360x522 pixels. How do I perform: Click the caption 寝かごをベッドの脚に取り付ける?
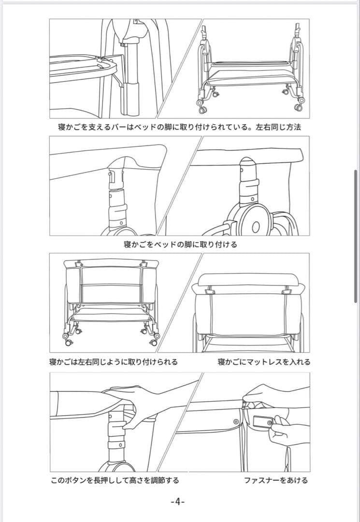click(180, 245)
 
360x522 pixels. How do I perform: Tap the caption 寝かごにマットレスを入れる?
click(264, 362)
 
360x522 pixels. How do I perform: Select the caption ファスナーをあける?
click(276, 480)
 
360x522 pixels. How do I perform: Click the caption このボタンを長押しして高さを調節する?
click(115, 480)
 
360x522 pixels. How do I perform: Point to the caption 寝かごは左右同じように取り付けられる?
click(114, 362)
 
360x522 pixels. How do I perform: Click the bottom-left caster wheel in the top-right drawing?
click(202, 110)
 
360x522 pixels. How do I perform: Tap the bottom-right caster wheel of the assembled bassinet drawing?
click(154, 342)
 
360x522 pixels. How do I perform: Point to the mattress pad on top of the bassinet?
click(249, 279)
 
